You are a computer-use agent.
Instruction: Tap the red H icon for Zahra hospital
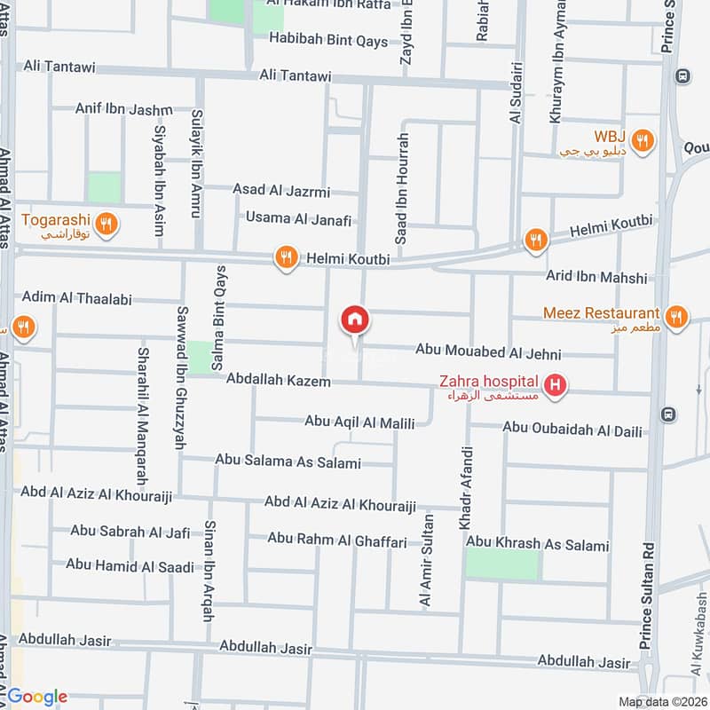pos(556,385)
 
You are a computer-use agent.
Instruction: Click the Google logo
pos(37,697)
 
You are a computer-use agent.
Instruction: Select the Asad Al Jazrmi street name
pos(281,191)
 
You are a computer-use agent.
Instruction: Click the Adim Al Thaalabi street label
pos(75,297)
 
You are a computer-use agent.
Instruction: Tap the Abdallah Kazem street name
pos(278,380)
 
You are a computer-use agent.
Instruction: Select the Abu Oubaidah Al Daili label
pos(572,430)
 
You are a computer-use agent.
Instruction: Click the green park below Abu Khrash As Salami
pos(502,564)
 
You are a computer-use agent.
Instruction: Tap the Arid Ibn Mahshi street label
pos(596,278)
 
